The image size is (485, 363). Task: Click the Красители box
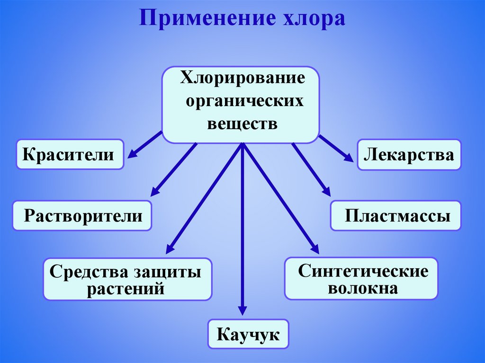[70, 154]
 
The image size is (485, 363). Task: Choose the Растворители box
[82, 216]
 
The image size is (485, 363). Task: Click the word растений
[126, 288]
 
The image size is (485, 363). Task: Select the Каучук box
[248, 334]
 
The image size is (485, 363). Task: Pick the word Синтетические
[363, 271]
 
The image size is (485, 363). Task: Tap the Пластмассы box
[395, 216]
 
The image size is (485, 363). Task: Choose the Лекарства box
[408, 154]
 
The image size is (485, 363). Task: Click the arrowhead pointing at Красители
[132, 152]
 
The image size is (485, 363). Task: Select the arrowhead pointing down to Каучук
[242, 310]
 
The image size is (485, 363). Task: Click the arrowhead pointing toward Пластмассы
[326, 191]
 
